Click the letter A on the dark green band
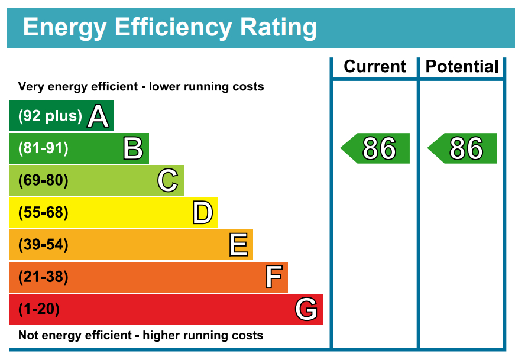tap(98, 116)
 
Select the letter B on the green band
tap(133, 148)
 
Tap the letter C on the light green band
tap(168, 180)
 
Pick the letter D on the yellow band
tap(202, 213)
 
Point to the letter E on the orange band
tap(238, 245)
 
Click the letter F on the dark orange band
tap(273, 277)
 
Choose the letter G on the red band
tap(306, 309)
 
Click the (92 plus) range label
tap(50, 116)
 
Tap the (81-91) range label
tap(43, 148)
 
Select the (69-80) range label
tap(43, 180)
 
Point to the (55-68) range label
tap(43, 213)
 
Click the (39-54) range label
tap(43, 245)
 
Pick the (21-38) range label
tap(43, 277)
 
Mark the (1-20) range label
tap(39, 309)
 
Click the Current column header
tap(375, 67)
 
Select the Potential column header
tap(462, 67)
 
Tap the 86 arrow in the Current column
tap(377, 148)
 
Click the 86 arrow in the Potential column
tap(464, 148)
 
